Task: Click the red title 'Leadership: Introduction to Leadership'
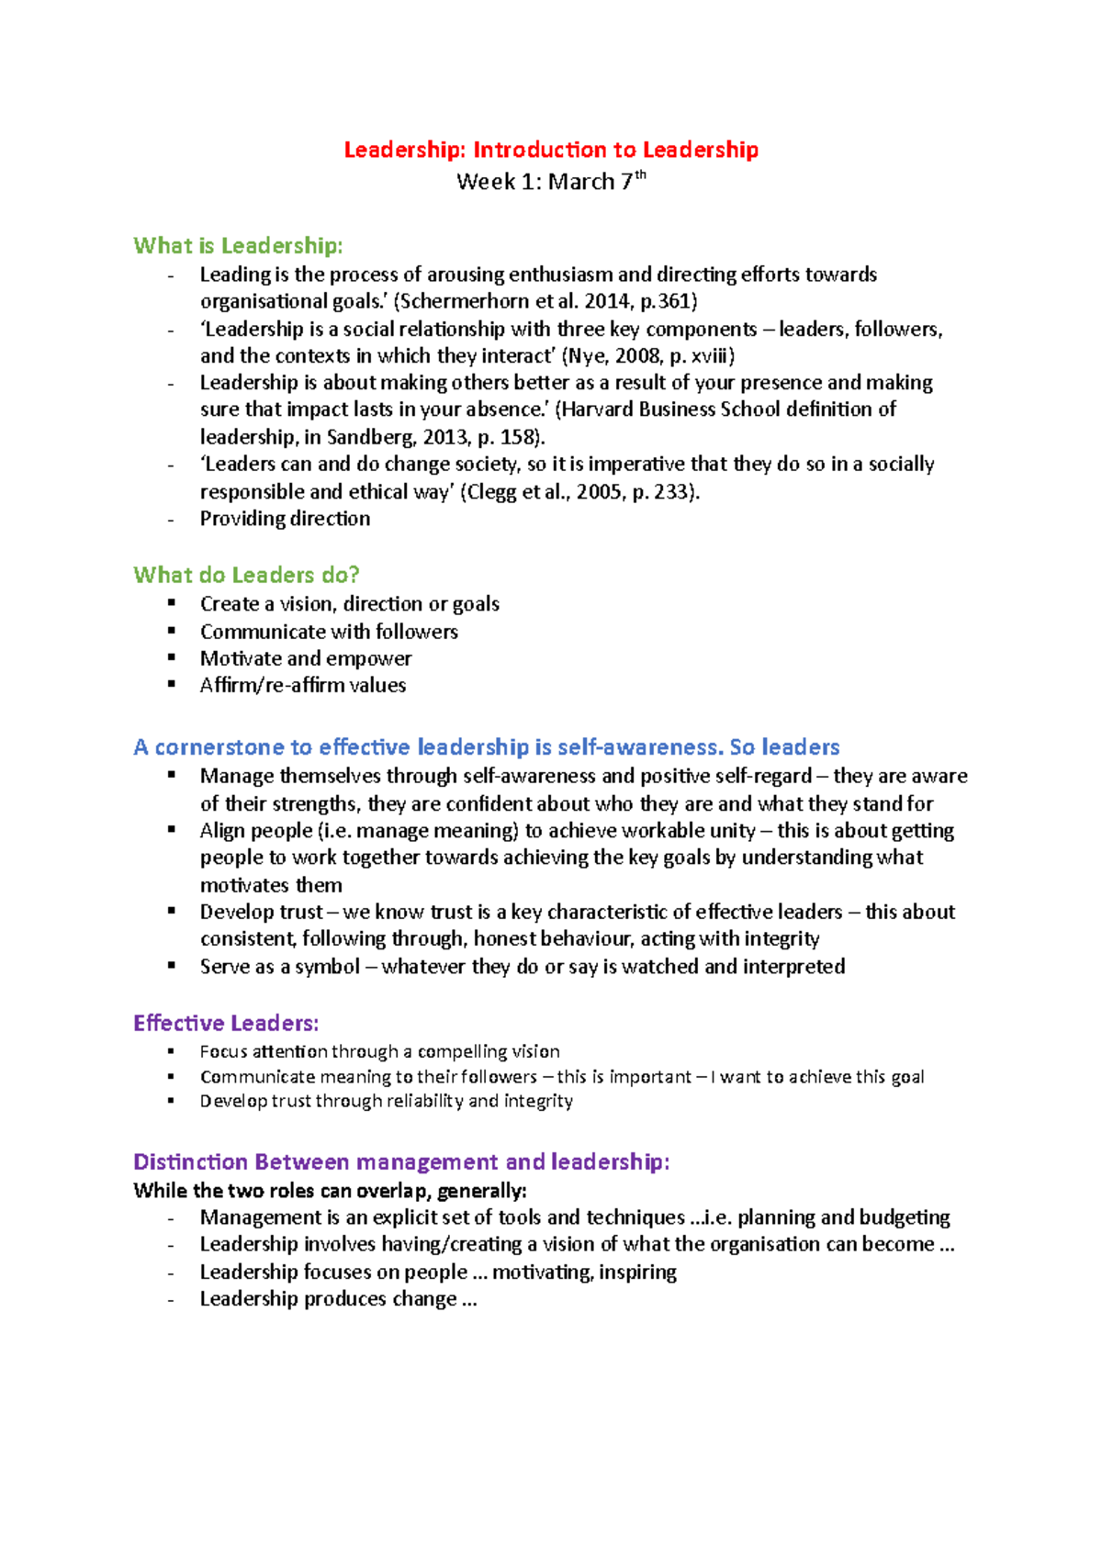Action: tap(551, 150)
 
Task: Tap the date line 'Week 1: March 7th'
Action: tap(551, 181)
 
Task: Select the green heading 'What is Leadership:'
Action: tap(238, 245)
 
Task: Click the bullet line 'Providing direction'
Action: tap(285, 519)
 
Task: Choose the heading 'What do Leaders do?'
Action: tap(246, 575)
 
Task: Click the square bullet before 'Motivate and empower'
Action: tap(171, 657)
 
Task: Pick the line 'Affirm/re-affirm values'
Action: tap(303, 685)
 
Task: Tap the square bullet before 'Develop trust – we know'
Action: tap(171, 911)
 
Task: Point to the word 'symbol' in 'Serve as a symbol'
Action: tap(328, 967)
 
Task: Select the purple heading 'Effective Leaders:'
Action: tap(226, 1023)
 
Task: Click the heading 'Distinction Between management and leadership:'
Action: tap(401, 1161)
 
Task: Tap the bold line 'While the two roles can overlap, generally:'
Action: tap(330, 1191)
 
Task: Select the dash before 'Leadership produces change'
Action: tap(171, 1299)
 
